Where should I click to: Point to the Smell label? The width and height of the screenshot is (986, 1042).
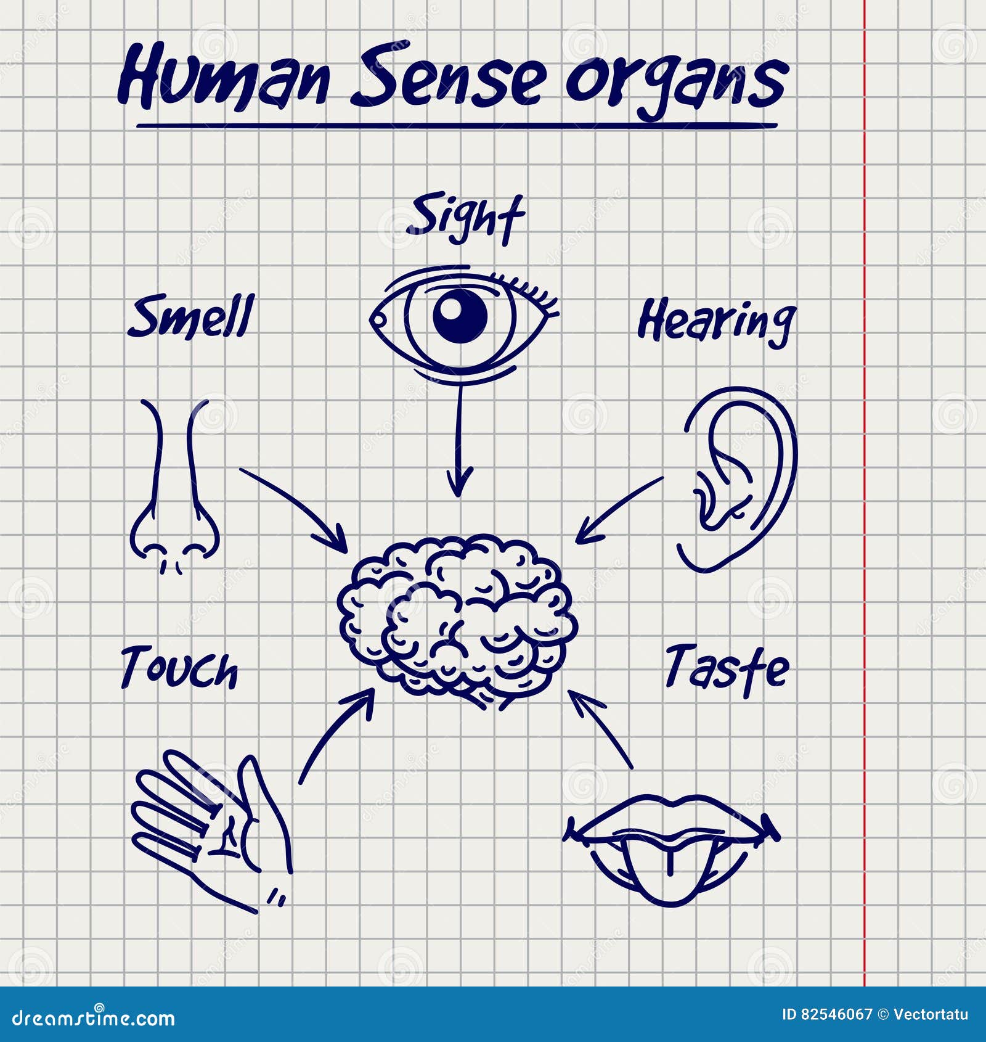pos(191,317)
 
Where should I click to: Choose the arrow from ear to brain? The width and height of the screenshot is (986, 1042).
pos(619,509)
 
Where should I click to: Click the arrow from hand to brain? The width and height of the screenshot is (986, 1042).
pos(336,734)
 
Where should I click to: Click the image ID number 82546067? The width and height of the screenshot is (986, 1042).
pos(836,1014)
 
